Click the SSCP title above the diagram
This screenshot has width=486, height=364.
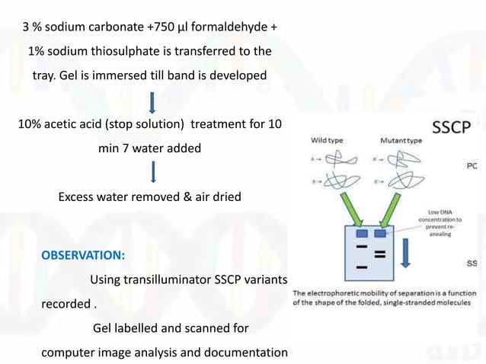(452, 127)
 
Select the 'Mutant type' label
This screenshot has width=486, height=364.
(401, 141)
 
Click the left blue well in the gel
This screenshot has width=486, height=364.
(362, 233)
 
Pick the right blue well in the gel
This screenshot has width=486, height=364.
(381, 233)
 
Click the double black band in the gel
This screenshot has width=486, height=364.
(379, 252)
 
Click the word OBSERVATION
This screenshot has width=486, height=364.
(83, 254)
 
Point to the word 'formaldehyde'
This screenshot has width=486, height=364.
(232, 27)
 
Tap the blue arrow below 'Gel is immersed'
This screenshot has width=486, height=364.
(153, 101)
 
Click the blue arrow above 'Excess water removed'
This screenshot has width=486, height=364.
(153, 171)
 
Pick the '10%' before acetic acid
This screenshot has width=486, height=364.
(31, 125)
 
